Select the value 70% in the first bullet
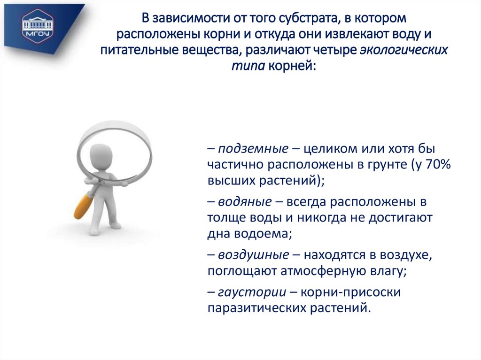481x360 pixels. [437, 165]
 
